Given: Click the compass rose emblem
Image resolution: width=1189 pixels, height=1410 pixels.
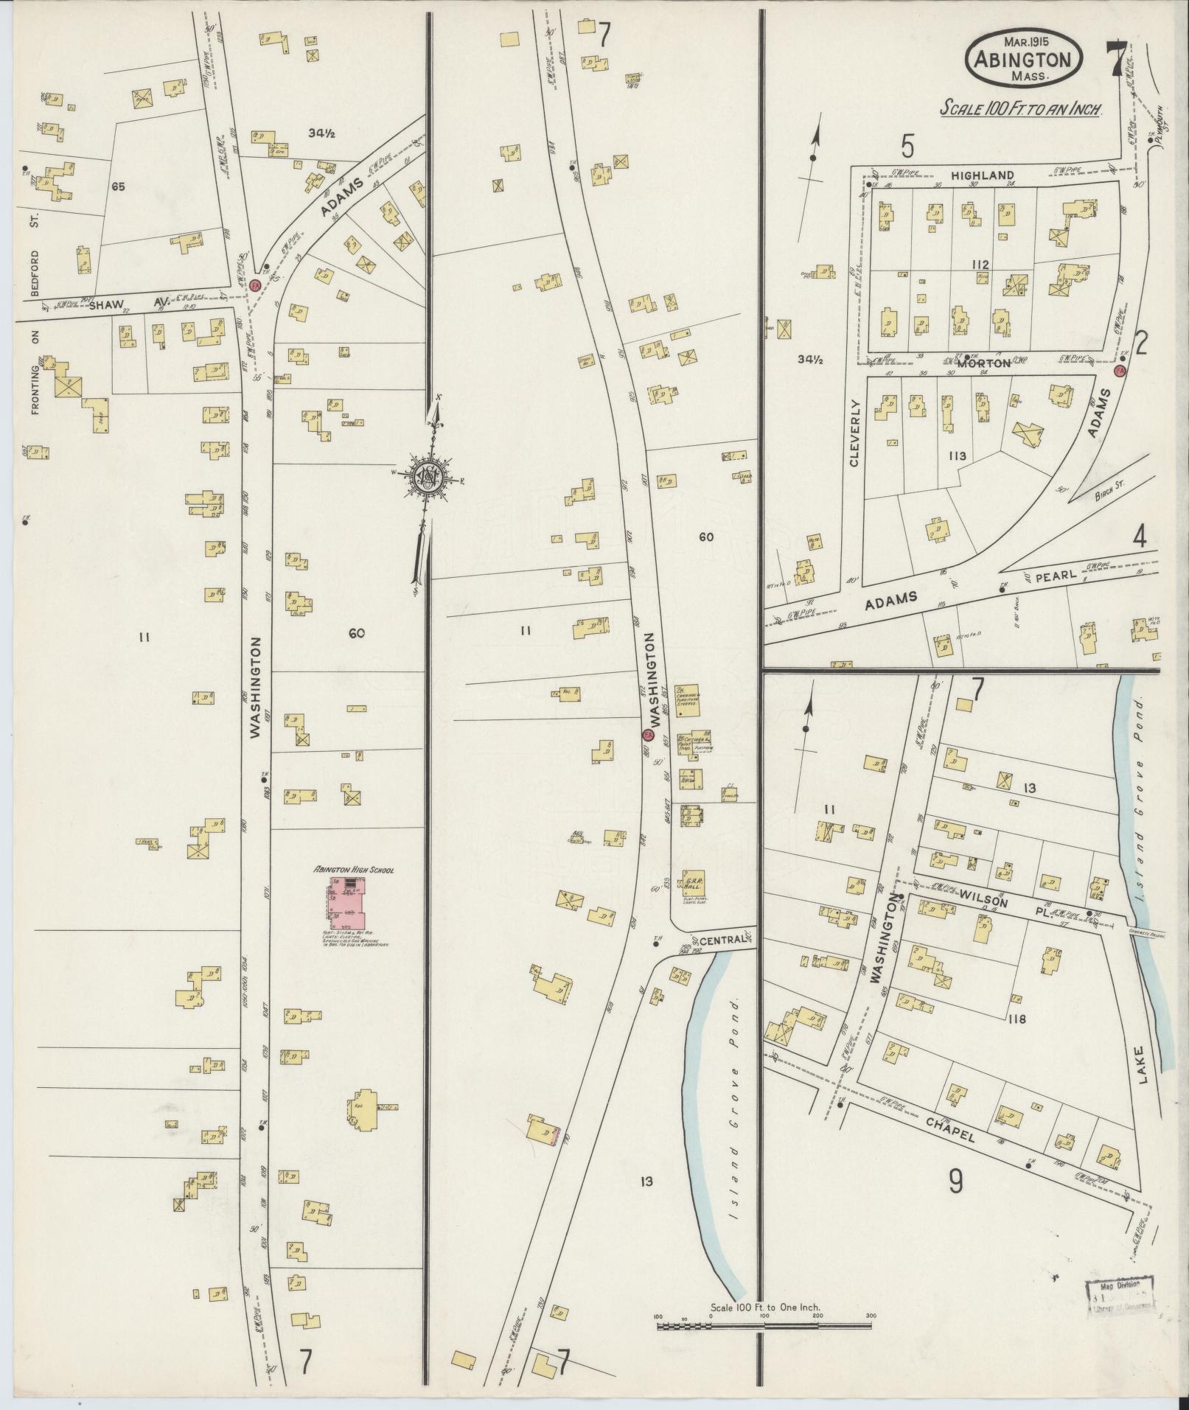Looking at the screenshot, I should pos(426,478).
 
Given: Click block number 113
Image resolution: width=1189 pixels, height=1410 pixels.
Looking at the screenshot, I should pos(957,457).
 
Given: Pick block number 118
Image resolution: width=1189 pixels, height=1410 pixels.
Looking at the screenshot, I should pos(1019,1019).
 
